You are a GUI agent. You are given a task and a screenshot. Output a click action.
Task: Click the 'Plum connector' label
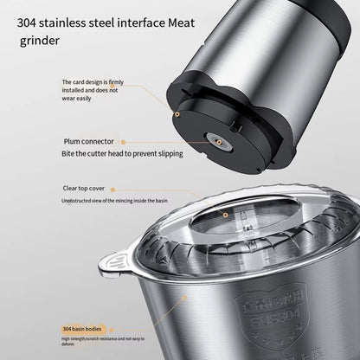pos(87,141)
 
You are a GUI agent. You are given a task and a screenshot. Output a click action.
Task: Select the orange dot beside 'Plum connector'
pos(122,141)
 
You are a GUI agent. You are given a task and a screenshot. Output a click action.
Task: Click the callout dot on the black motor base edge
pos(177,112)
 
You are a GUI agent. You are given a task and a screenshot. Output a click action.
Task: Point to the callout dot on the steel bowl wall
pos(185,299)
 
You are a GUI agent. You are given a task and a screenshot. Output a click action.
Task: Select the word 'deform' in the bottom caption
pos(69,344)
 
